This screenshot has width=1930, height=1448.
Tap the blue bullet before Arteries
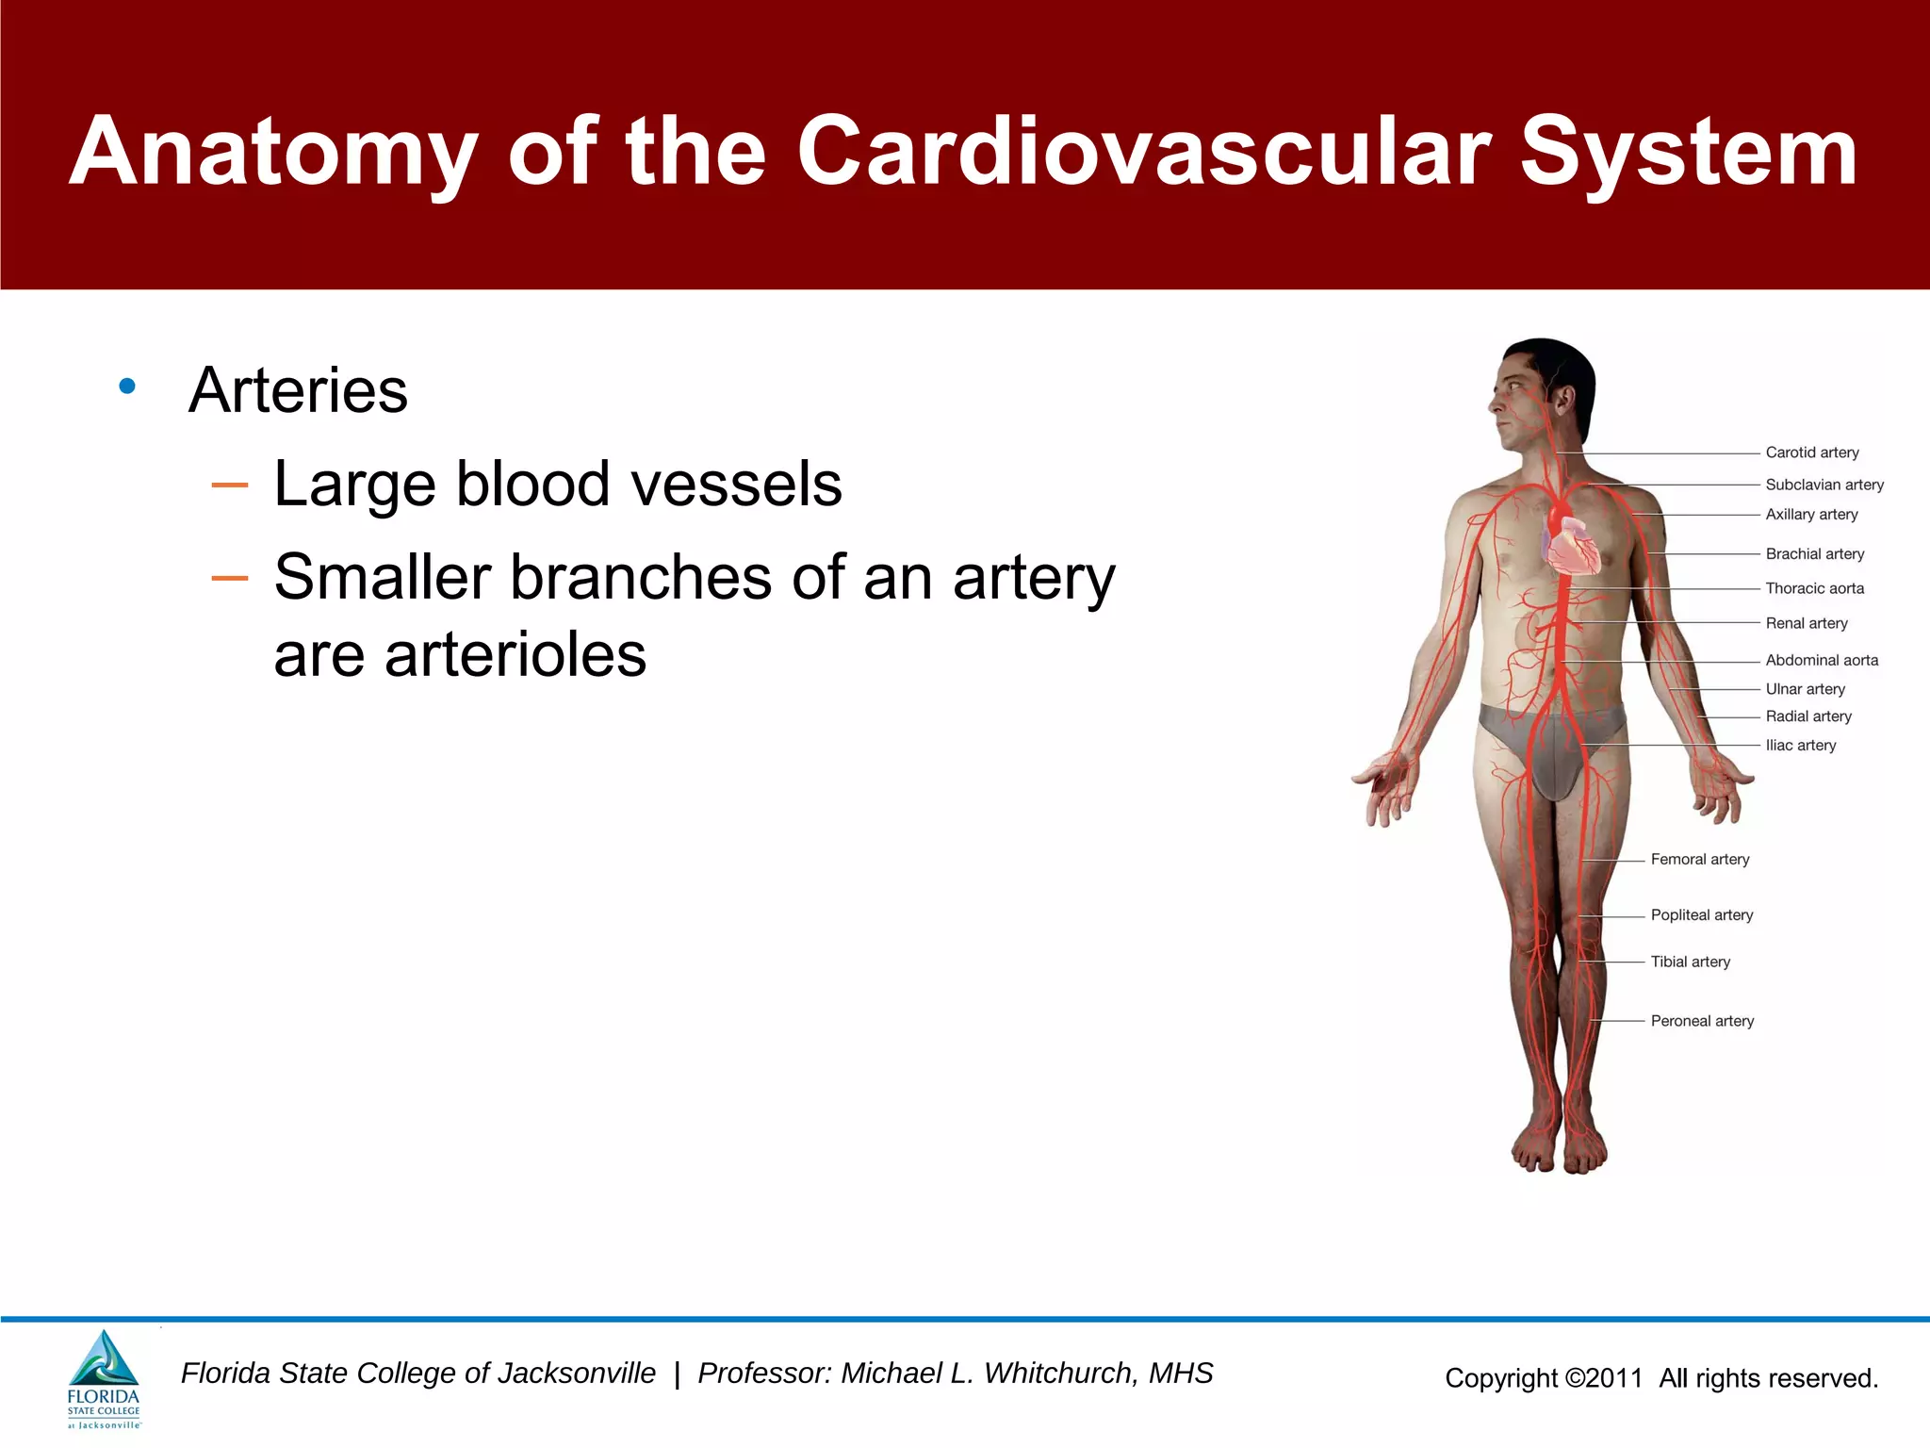[127, 386]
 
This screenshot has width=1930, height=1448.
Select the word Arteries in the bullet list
[298, 390]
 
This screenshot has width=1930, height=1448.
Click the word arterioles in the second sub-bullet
[515, 654]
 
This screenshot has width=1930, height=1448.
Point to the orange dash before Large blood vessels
[229, 485]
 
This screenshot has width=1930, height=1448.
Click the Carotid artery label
[1811, 452]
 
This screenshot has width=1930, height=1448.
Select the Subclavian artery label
[1824, 485]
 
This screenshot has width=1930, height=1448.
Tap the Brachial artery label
[1814, 554]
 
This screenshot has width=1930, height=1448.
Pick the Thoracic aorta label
[1814, 588]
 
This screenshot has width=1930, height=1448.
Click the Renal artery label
[1806, 623]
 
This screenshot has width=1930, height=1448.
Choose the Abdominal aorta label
[1821, 660]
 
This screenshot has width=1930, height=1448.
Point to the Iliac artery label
[1800, 745]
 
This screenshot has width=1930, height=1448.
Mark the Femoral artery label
[1699, 859]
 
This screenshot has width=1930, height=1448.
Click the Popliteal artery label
[1701, 914]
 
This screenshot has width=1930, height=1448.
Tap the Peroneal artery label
[1701, 1021]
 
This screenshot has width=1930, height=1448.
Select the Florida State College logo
[104, 1379]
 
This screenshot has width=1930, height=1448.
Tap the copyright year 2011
[1613, 1378]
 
